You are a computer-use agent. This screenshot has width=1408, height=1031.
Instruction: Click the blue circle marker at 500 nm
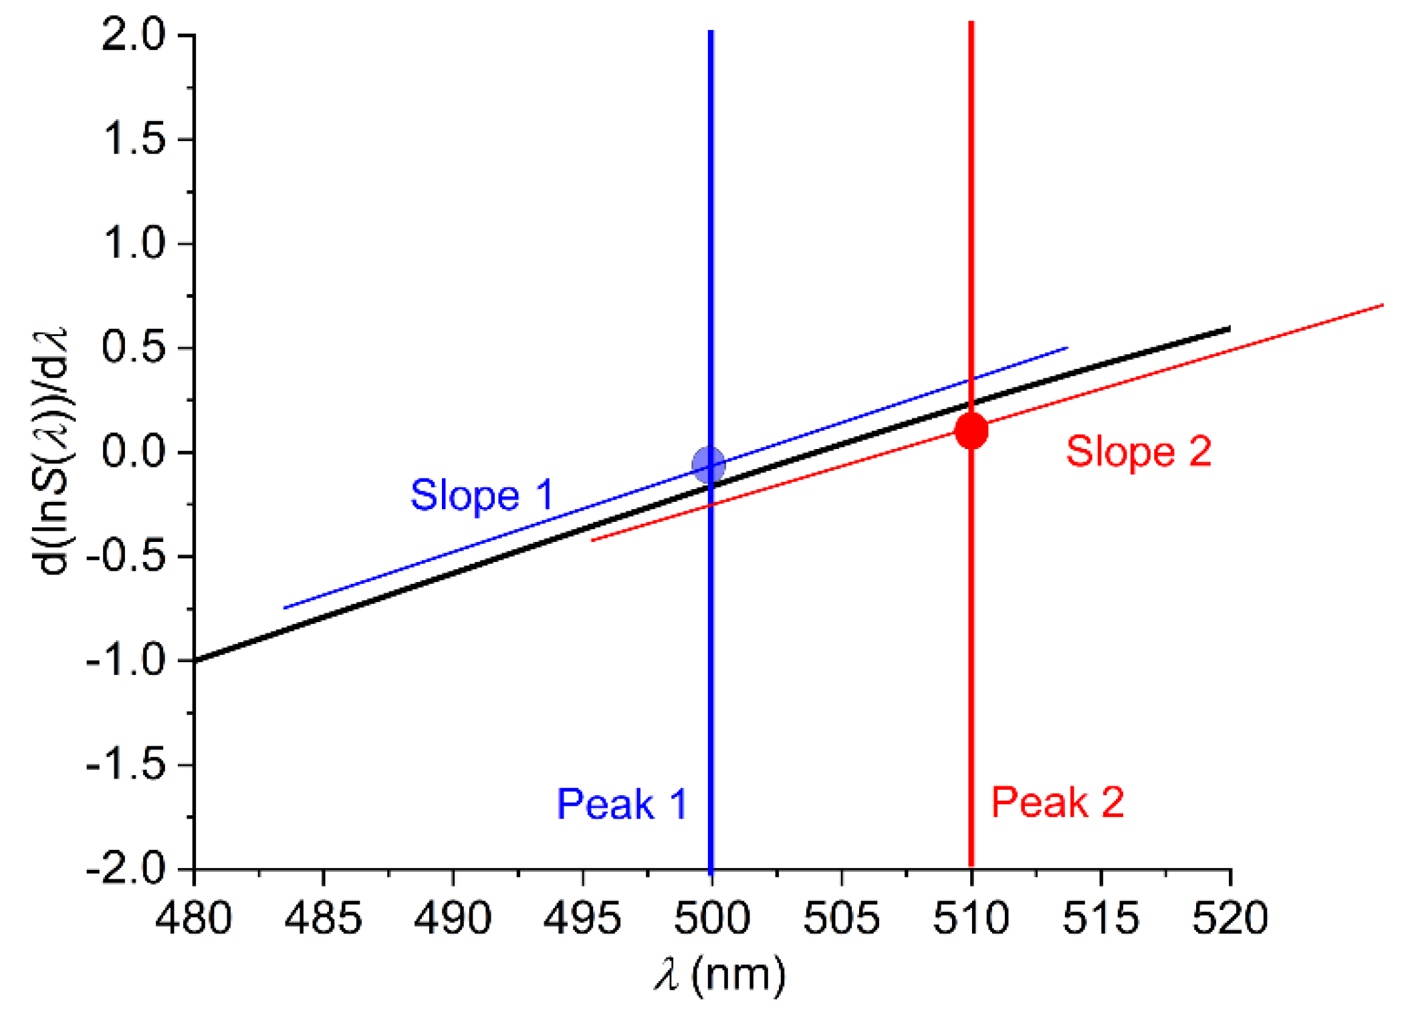[708, 464]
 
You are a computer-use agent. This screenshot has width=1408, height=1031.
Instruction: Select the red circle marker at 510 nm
[971, 430]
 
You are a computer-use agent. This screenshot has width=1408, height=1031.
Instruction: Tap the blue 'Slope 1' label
[481, 495]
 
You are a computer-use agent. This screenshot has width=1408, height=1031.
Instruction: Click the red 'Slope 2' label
[1138, 451]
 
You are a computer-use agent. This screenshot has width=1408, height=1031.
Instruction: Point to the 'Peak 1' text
[622, 803]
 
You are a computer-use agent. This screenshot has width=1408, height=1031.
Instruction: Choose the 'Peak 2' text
[1057, 802]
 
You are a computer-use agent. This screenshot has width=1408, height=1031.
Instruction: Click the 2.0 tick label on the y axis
[133, 35]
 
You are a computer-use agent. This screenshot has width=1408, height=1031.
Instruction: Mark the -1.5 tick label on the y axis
[126, 764]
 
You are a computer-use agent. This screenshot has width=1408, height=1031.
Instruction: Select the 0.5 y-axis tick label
[133, 347]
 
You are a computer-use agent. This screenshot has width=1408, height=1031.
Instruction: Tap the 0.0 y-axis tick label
[133, 452]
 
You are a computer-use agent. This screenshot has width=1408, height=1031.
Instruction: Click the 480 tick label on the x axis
[193, 917]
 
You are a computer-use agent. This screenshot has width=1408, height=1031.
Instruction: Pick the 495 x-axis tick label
[582, 917]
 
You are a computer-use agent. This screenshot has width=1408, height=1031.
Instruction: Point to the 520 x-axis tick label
[1230, 917]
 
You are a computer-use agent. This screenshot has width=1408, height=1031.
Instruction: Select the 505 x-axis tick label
[841, 917]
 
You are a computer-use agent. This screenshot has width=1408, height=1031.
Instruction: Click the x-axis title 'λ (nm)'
[719, 976]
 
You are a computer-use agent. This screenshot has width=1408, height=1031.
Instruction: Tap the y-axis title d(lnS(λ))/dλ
[53, 452]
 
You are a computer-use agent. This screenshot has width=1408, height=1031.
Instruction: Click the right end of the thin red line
[1382, 305]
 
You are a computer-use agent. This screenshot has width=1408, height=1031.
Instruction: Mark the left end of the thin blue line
[285, 607]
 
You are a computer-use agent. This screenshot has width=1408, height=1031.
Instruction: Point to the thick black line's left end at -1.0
[196, 661]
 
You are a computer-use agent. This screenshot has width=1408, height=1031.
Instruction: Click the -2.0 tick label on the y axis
[126, 869]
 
